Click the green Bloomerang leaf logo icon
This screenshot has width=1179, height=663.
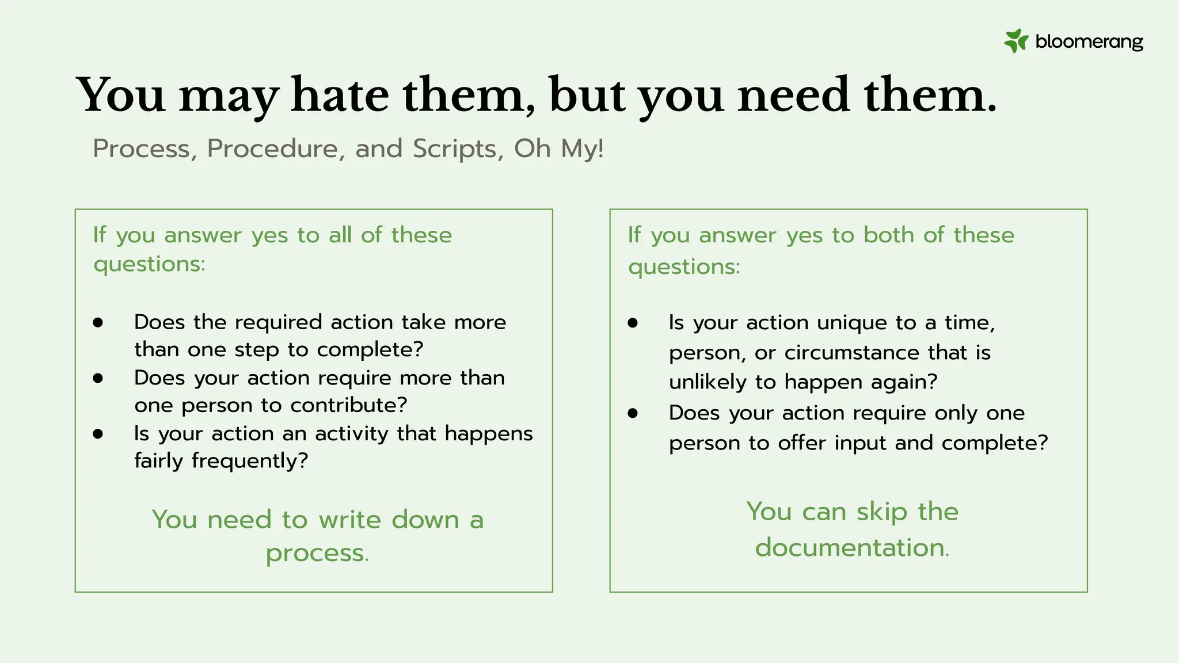(1016, 41)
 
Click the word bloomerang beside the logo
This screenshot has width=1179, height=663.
(1089, 41)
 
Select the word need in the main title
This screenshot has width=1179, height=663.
(794, 95)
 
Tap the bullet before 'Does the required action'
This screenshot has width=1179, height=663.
(98, 322)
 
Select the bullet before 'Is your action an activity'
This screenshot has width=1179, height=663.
(98, 433)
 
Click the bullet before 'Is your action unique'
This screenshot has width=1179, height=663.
(633, 323)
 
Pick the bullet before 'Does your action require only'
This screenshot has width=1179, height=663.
(633, 413)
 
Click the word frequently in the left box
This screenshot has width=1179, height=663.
(250, 461)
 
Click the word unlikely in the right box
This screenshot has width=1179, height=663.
(708, 382)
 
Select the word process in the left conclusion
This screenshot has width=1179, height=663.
(317, 554)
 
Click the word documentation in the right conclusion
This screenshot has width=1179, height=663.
(851, 547)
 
